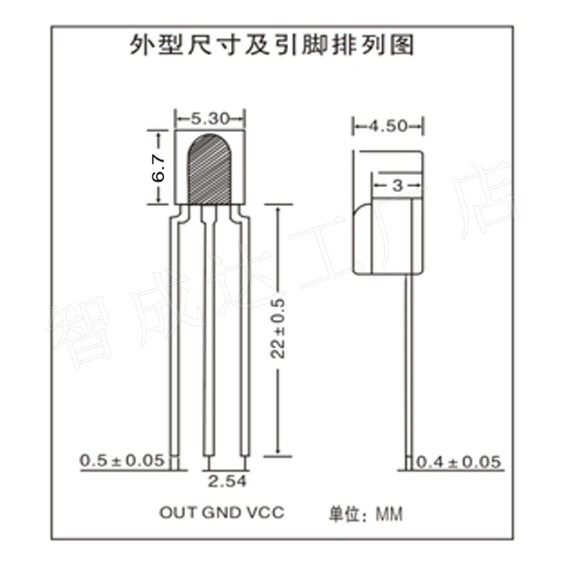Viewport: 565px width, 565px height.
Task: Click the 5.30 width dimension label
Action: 210,119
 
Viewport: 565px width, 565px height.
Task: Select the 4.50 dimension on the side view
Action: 388,126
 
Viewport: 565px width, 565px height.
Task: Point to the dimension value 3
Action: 396,186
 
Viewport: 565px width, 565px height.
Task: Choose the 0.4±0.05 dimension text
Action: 459,463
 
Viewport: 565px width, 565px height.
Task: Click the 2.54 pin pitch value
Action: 227,482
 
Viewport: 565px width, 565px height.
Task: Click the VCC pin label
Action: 264,512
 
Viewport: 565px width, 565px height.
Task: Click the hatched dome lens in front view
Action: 210,168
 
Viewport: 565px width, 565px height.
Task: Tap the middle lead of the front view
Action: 210,339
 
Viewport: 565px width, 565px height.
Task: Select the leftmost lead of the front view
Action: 175,339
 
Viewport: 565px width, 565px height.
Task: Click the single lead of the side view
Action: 408,367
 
